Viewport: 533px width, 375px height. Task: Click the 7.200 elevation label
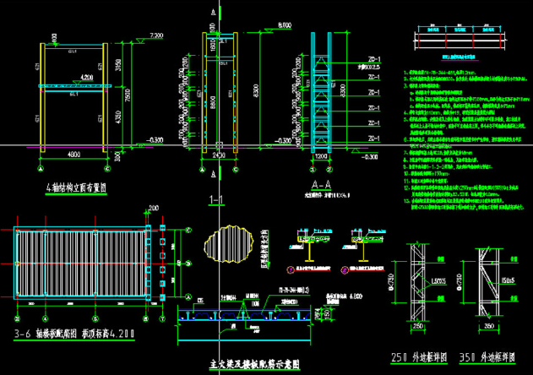[x=155, y=35]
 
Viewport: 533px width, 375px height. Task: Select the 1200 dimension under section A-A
[x=322, y=156]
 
